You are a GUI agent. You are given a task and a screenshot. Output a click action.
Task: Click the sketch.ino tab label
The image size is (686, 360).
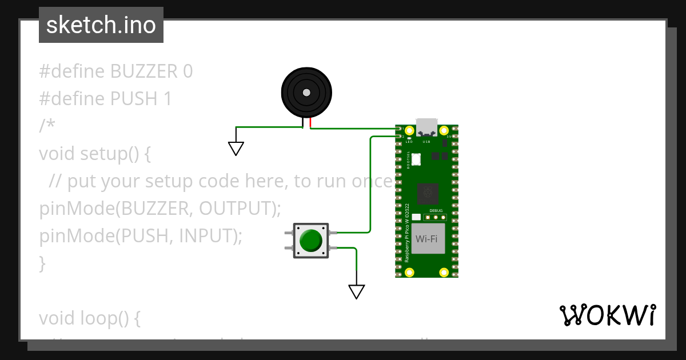click(101, 25)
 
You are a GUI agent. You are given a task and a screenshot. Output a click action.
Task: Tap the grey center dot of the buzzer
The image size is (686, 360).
click(306, 93)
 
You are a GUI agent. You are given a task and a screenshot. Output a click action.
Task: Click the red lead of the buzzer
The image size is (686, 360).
click(310, 123)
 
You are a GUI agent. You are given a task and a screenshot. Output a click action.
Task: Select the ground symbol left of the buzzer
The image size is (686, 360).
click(236, 149)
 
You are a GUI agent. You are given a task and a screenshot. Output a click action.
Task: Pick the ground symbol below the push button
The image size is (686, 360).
click(356, 291)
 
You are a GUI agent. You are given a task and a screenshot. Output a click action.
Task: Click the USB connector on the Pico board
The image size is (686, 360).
click(426, 127)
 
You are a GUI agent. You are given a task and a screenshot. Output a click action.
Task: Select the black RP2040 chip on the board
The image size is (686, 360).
click(426, 194)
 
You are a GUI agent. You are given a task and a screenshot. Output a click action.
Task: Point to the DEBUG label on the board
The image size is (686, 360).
click(436, 210)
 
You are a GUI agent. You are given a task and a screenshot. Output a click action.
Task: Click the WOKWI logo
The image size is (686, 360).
click(607, 315)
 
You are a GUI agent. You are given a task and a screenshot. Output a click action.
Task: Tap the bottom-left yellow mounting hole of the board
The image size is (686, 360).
click(409, 272)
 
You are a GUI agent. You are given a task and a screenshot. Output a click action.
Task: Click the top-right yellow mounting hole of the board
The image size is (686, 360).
click(444, 130)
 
